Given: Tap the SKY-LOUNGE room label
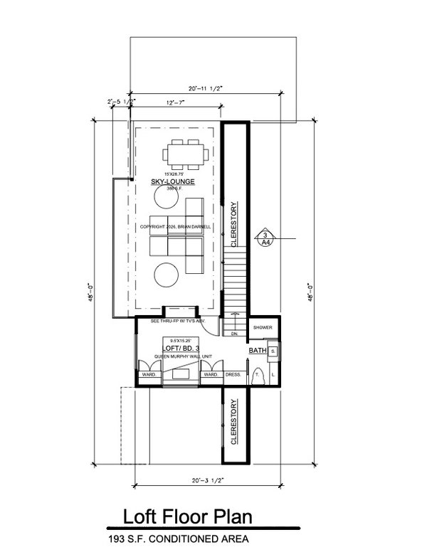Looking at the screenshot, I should coord(172,182).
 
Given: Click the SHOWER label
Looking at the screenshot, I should coord(263,328).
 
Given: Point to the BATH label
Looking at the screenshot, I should coord(257,351).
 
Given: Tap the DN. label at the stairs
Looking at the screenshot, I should coord(233,333).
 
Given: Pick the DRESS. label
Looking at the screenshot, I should coord(233,373).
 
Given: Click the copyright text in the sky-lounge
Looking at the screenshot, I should coord(180,228).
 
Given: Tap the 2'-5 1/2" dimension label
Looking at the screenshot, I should coord(120,102).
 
